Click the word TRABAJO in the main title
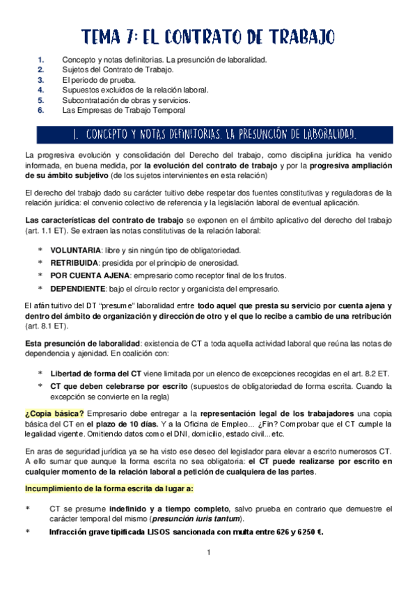coord(296,36)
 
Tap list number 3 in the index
coord(41,80)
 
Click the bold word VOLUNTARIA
coord(75,250)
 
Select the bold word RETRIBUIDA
coord(74,263)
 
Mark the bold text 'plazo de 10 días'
coord(125,423)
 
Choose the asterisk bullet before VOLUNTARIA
coord(40,250)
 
